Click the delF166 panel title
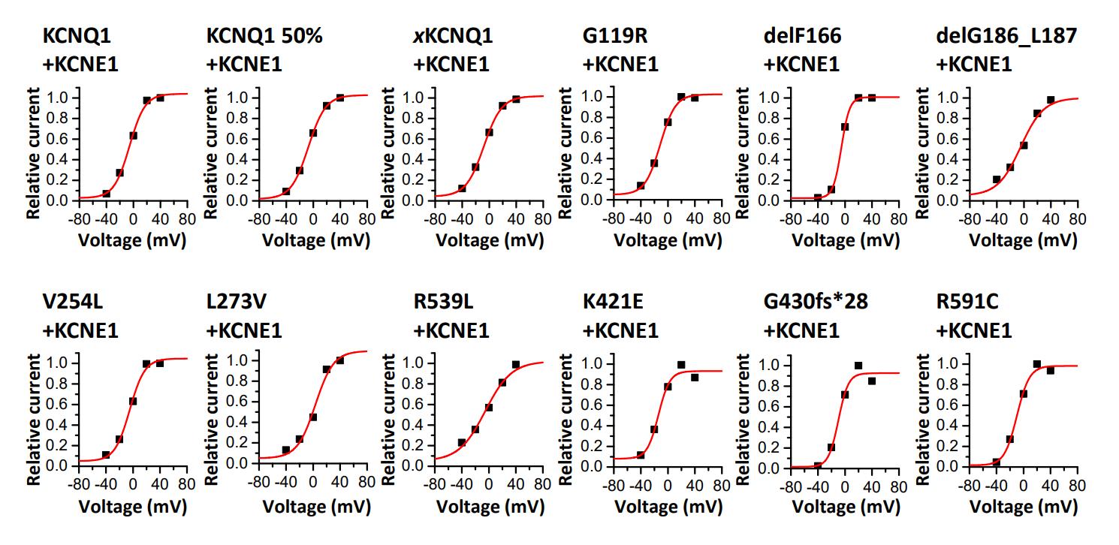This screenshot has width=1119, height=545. tap(802, 36)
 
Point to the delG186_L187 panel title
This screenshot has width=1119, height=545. tap(1006, 36)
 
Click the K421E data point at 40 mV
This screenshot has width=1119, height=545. tap(695, 378)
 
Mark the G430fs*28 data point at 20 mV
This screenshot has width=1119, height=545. tap(858, 366)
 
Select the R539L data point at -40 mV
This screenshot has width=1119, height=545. tap(461, 443)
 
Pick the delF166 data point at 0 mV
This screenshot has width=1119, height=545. tap(844, 127)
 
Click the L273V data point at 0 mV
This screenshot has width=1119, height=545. tap(312, 417)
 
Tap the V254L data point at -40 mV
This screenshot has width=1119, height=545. tap(106, 455)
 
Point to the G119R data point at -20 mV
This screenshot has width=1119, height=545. tap(654, 163)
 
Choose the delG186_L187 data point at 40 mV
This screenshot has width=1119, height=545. tap(1051, 100)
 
